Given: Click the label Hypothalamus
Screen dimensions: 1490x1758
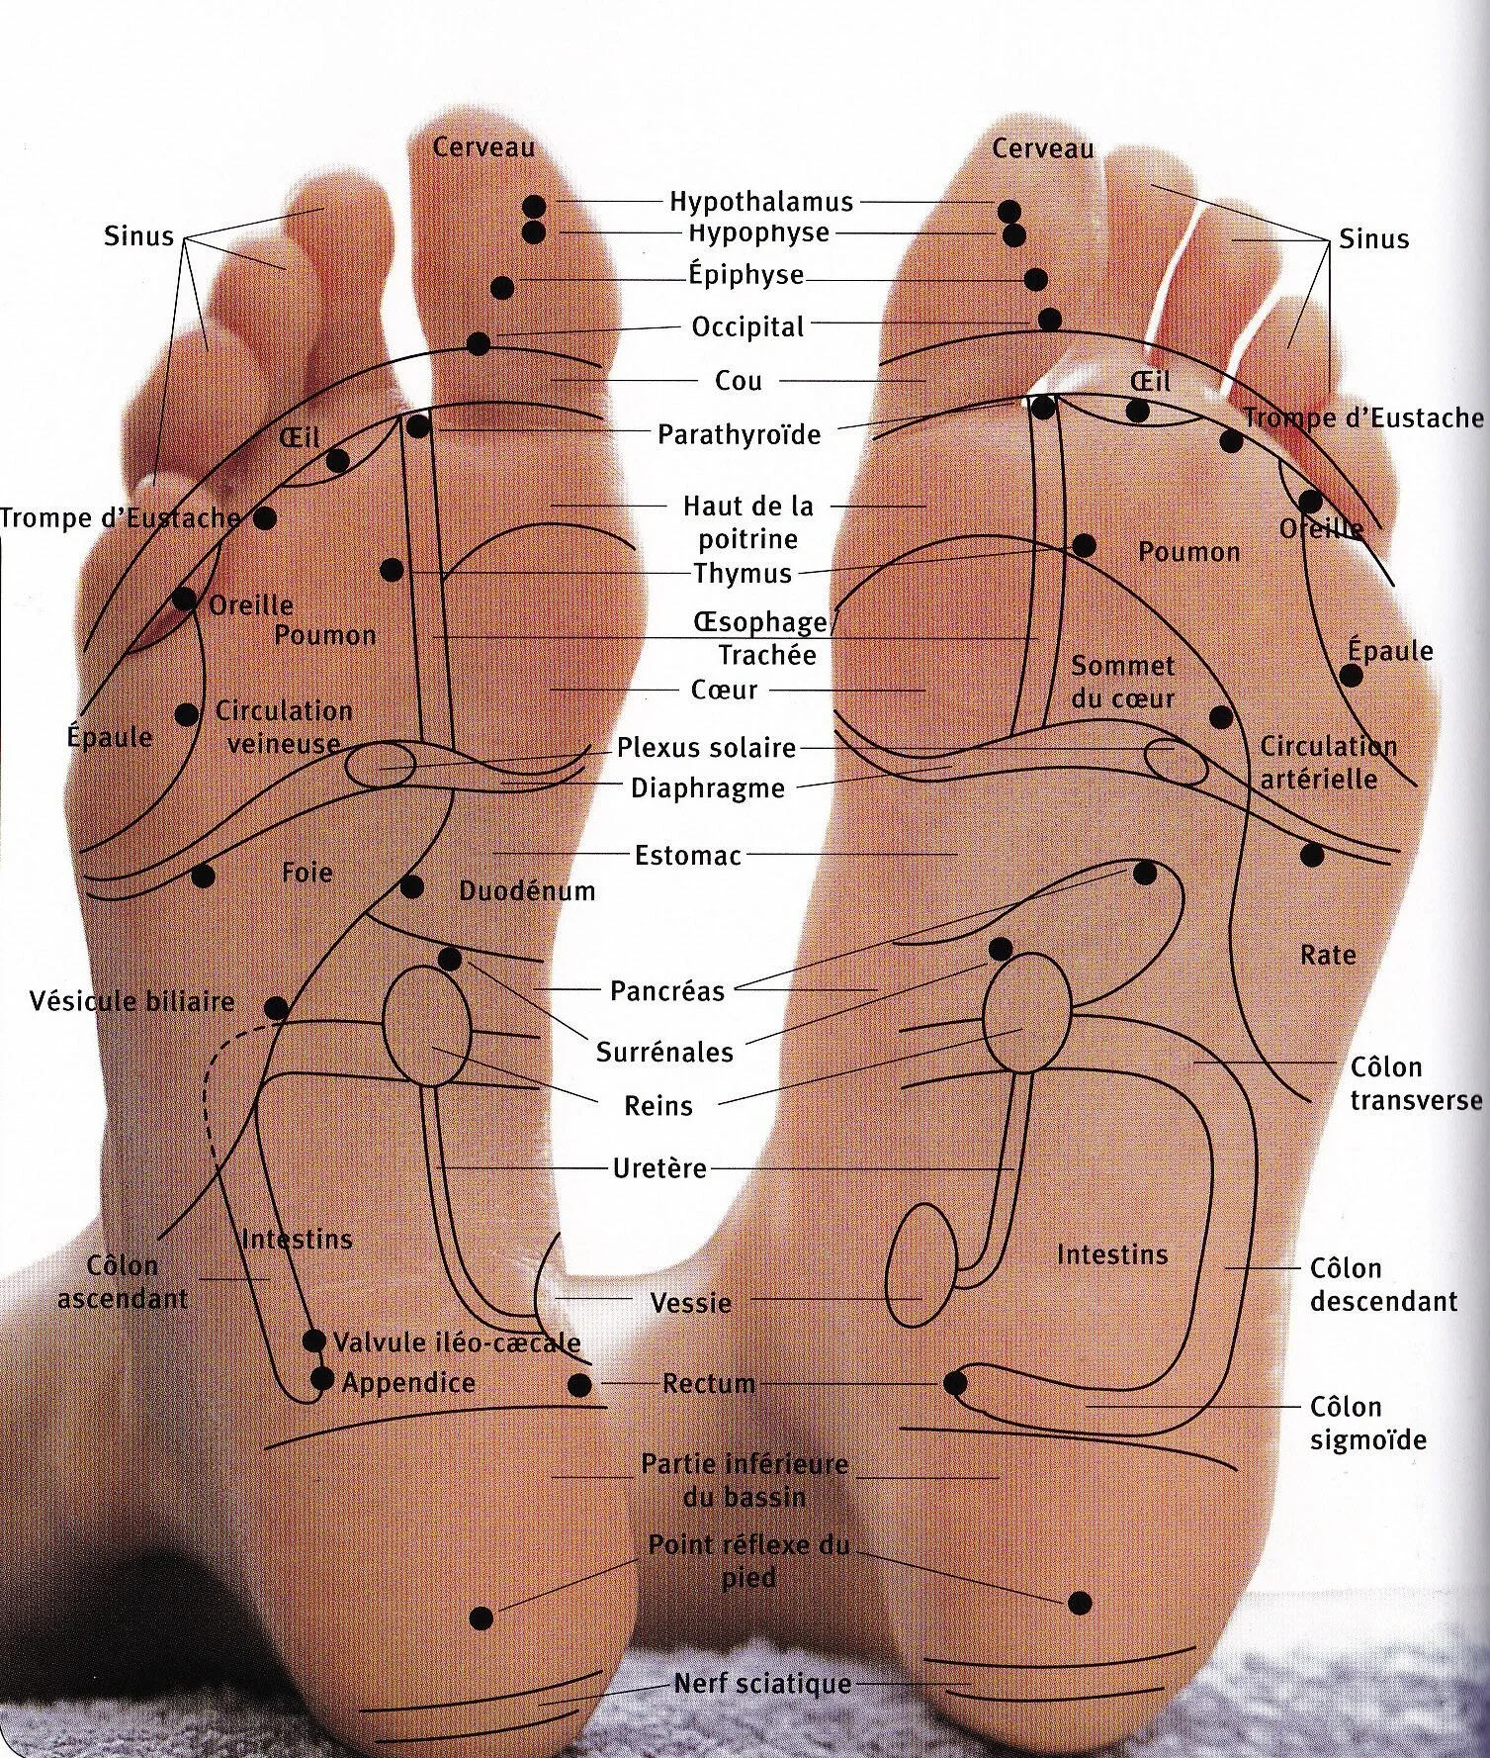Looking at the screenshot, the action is click(760, 202).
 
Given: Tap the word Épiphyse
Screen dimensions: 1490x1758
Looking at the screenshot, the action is click(746, 274).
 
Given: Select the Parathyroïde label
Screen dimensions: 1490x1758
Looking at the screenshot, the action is click(740, 434).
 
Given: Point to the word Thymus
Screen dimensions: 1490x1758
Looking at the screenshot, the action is click(743, 573).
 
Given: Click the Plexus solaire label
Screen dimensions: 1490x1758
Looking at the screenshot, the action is click(706, 747).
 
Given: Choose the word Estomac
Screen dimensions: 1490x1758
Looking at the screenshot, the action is click(688, 855).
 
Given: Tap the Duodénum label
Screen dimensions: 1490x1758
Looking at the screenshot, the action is click(527, 890).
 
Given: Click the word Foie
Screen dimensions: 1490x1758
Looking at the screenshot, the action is click(307, 873).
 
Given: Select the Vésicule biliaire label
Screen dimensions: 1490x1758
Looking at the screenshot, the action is click(132, 1001).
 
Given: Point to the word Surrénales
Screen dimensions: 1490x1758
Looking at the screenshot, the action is click(664, 1052).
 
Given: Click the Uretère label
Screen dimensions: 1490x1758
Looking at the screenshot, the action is click(659, 1168).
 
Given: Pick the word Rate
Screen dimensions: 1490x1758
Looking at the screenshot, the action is click(1328, 956).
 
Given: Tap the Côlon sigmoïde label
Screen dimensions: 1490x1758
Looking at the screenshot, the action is click(1368, 1423).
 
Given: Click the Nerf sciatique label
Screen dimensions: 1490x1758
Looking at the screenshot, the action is click(762, 1683).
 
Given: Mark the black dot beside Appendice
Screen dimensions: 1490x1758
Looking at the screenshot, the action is click(321, 1378).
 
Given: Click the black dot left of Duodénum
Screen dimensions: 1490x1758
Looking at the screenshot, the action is click(411, 887).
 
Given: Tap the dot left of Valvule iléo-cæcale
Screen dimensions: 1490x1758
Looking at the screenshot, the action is click(313, 1342).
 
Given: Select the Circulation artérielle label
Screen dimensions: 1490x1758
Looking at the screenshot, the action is click(1327, 762).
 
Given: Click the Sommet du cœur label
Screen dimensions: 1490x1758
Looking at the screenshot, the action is click(1122, 682).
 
